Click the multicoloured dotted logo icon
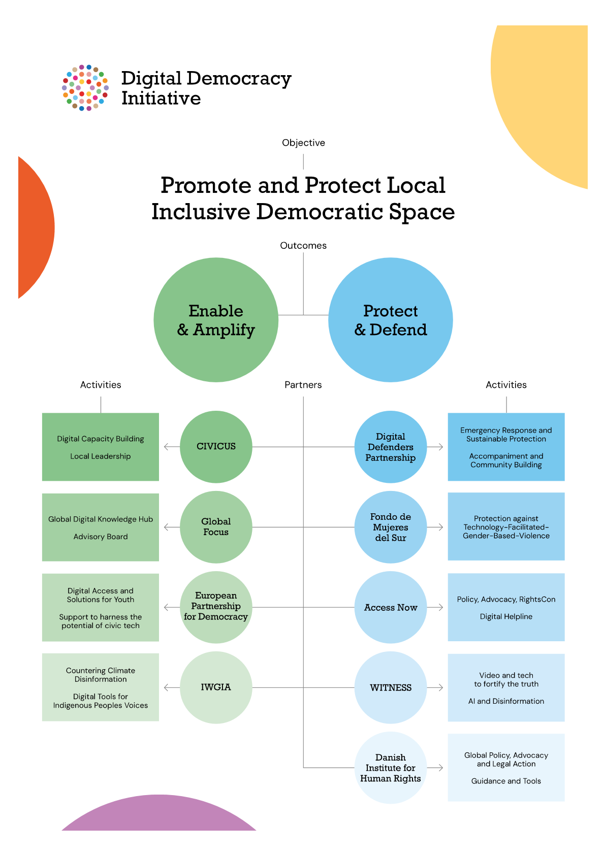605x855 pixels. (85, 88)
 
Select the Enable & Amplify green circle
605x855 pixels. (216, 320)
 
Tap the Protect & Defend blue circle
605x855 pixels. (391, 320)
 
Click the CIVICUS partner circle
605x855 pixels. (216, 447)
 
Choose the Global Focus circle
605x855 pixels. (216, 527)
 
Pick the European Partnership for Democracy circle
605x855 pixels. (216, 607)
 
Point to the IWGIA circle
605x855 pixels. (216, 687)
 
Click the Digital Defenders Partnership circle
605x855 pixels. (391, 447)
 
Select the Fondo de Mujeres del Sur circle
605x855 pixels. (391, 527)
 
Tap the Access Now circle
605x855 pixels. (391, 607)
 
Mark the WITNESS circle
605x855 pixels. (391, 687)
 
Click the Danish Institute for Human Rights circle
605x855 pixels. (391, 768)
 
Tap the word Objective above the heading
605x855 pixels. (303, 143)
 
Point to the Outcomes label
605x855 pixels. (303, 246)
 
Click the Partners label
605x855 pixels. (303, 385)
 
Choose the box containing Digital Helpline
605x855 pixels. (506, 607)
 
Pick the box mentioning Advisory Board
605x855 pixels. (101, 527)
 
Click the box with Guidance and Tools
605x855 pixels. (506, 768)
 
